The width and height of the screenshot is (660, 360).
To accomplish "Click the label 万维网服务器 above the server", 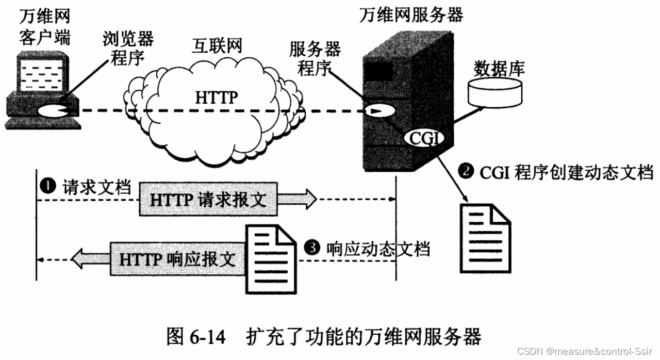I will point(410,14).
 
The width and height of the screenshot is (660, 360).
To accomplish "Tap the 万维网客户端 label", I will point(45,28).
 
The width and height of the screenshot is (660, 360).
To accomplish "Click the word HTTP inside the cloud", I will point(216,97).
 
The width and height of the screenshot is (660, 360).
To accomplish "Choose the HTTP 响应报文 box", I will point(178,258).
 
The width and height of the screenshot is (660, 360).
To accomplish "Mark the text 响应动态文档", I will point(378,249).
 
